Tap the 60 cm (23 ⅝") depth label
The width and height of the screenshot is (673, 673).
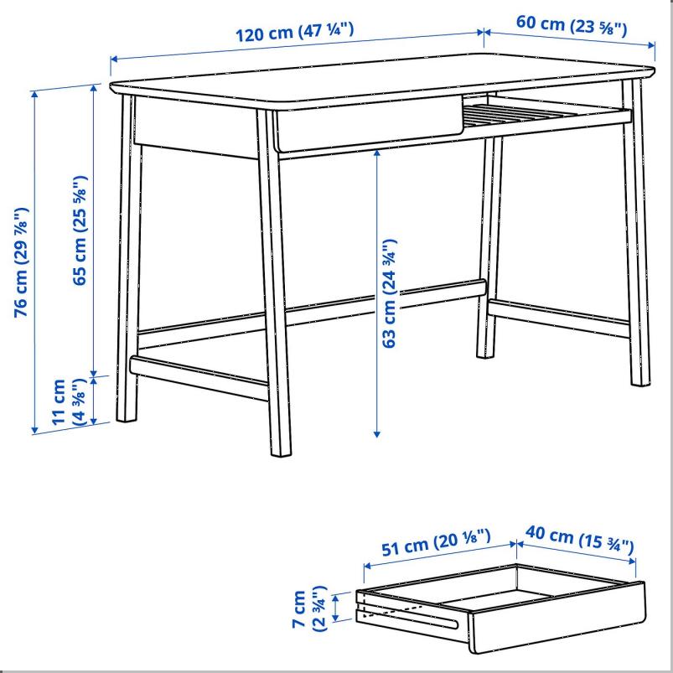[572, 25]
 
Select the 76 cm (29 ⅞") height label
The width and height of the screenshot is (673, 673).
[22, 262]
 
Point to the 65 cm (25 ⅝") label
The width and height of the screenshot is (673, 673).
[80, 230]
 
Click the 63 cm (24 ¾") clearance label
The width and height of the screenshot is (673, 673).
[389, 293]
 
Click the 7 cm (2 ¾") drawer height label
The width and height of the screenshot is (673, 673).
[309, 608]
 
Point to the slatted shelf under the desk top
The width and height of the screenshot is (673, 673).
[545, 114]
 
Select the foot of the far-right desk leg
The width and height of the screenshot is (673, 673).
[640, 381]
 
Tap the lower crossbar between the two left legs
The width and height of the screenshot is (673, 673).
[199, 378]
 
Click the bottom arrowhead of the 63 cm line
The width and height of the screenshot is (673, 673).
[377, 434]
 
